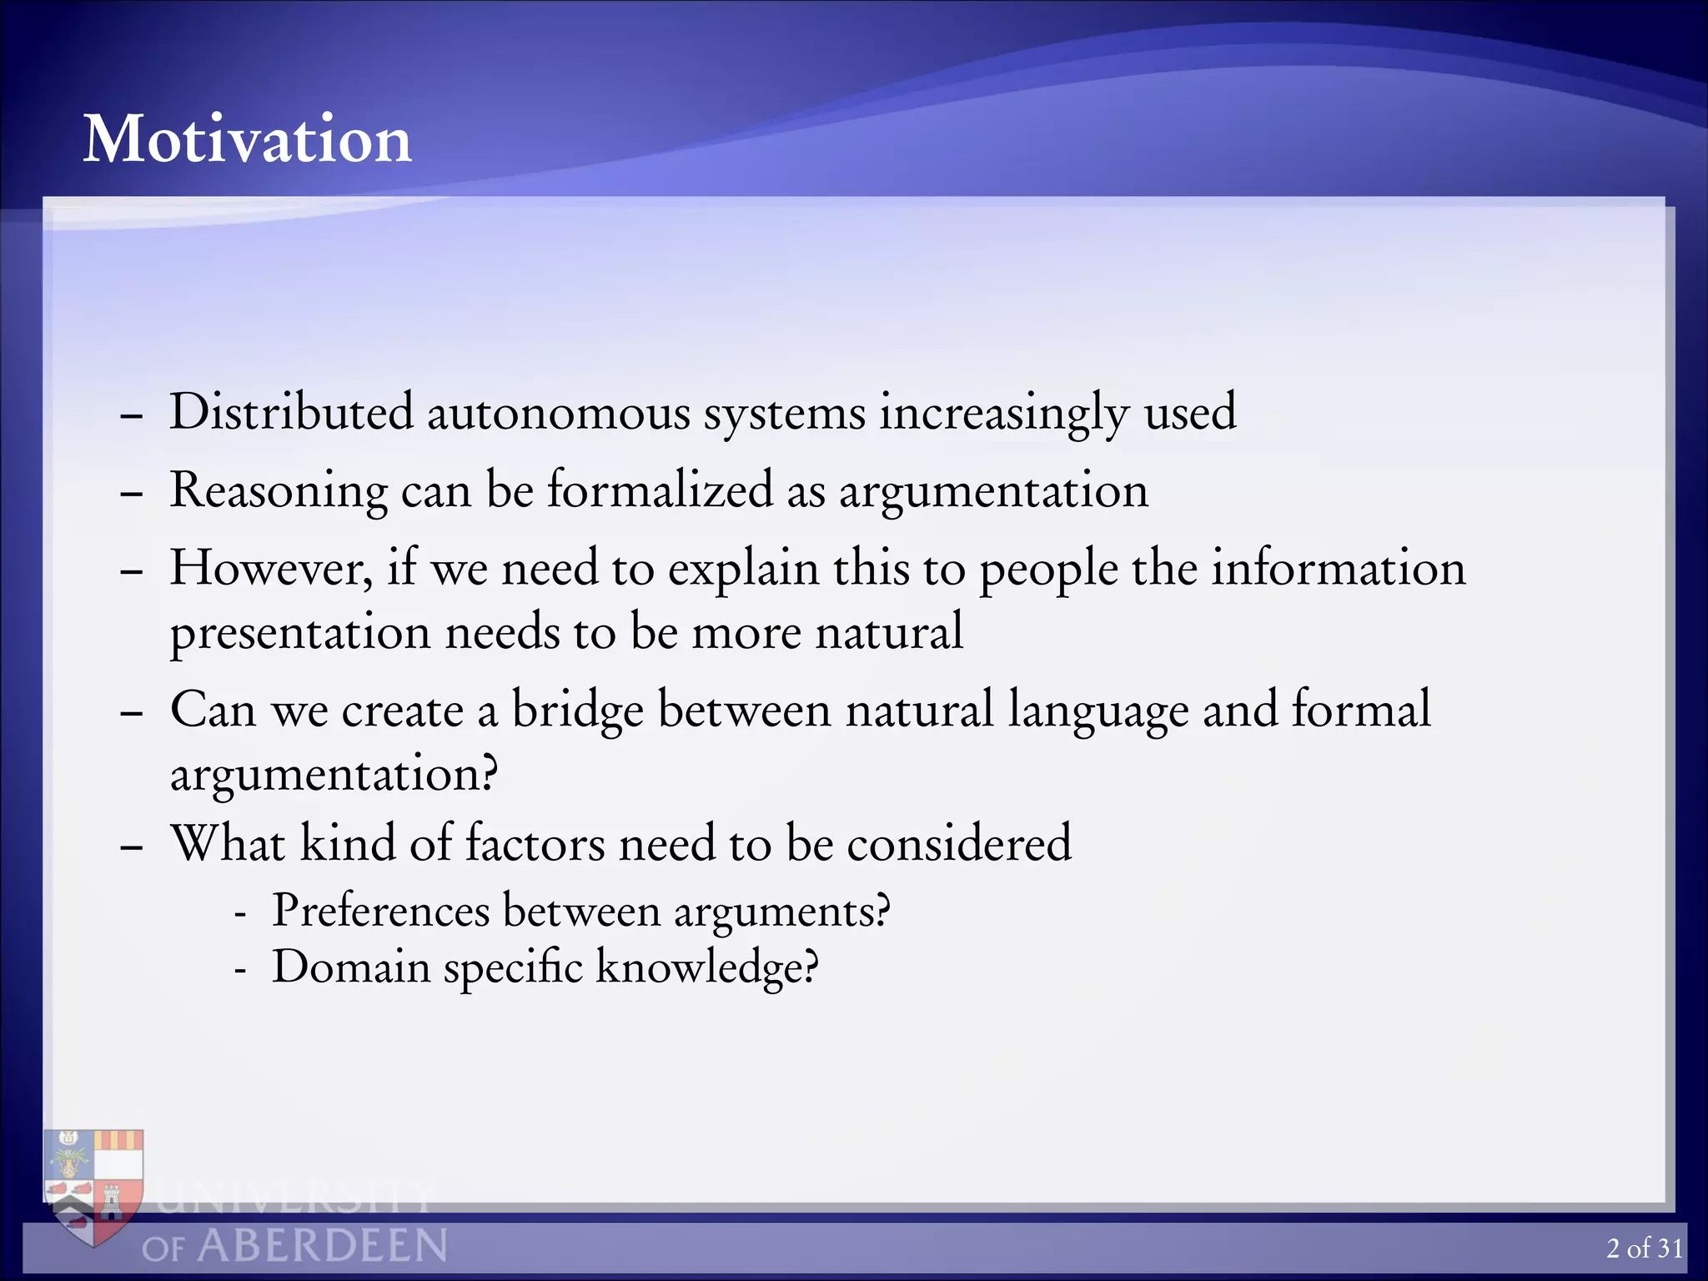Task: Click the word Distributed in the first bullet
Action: pos(291,412)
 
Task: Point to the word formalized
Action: pos(660,490)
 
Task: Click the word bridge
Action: pos(577,711)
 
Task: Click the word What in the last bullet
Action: pos(228,843)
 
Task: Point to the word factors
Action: pos(535,843)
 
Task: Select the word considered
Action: pos(959,843)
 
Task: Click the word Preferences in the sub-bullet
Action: pos(380,910)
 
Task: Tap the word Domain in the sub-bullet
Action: pos(351,967)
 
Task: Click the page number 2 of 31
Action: pos(1644,1248)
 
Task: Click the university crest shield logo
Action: pos(94,1184)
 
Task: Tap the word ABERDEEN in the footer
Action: pos(322,1247)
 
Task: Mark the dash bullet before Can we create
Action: pos(131,714)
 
